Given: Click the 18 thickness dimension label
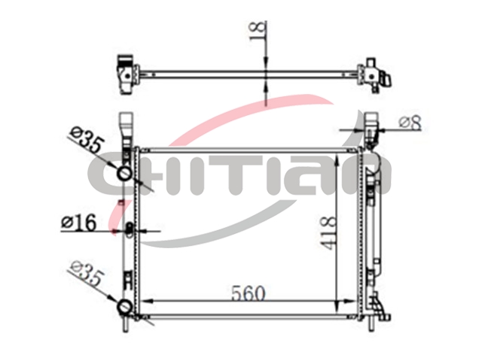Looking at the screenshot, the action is tap(258, 31).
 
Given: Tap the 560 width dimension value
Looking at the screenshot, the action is tap(248, 293).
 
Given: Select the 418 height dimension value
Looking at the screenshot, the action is tap(328, 232).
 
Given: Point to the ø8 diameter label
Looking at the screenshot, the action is tap(410, 123).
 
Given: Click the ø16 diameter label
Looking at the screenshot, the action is tap(78, 223).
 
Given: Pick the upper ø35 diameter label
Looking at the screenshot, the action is tap(85, 141).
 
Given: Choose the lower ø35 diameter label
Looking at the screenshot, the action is tap(85, 273).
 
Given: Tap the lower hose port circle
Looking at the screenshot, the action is tap(125, 306).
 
